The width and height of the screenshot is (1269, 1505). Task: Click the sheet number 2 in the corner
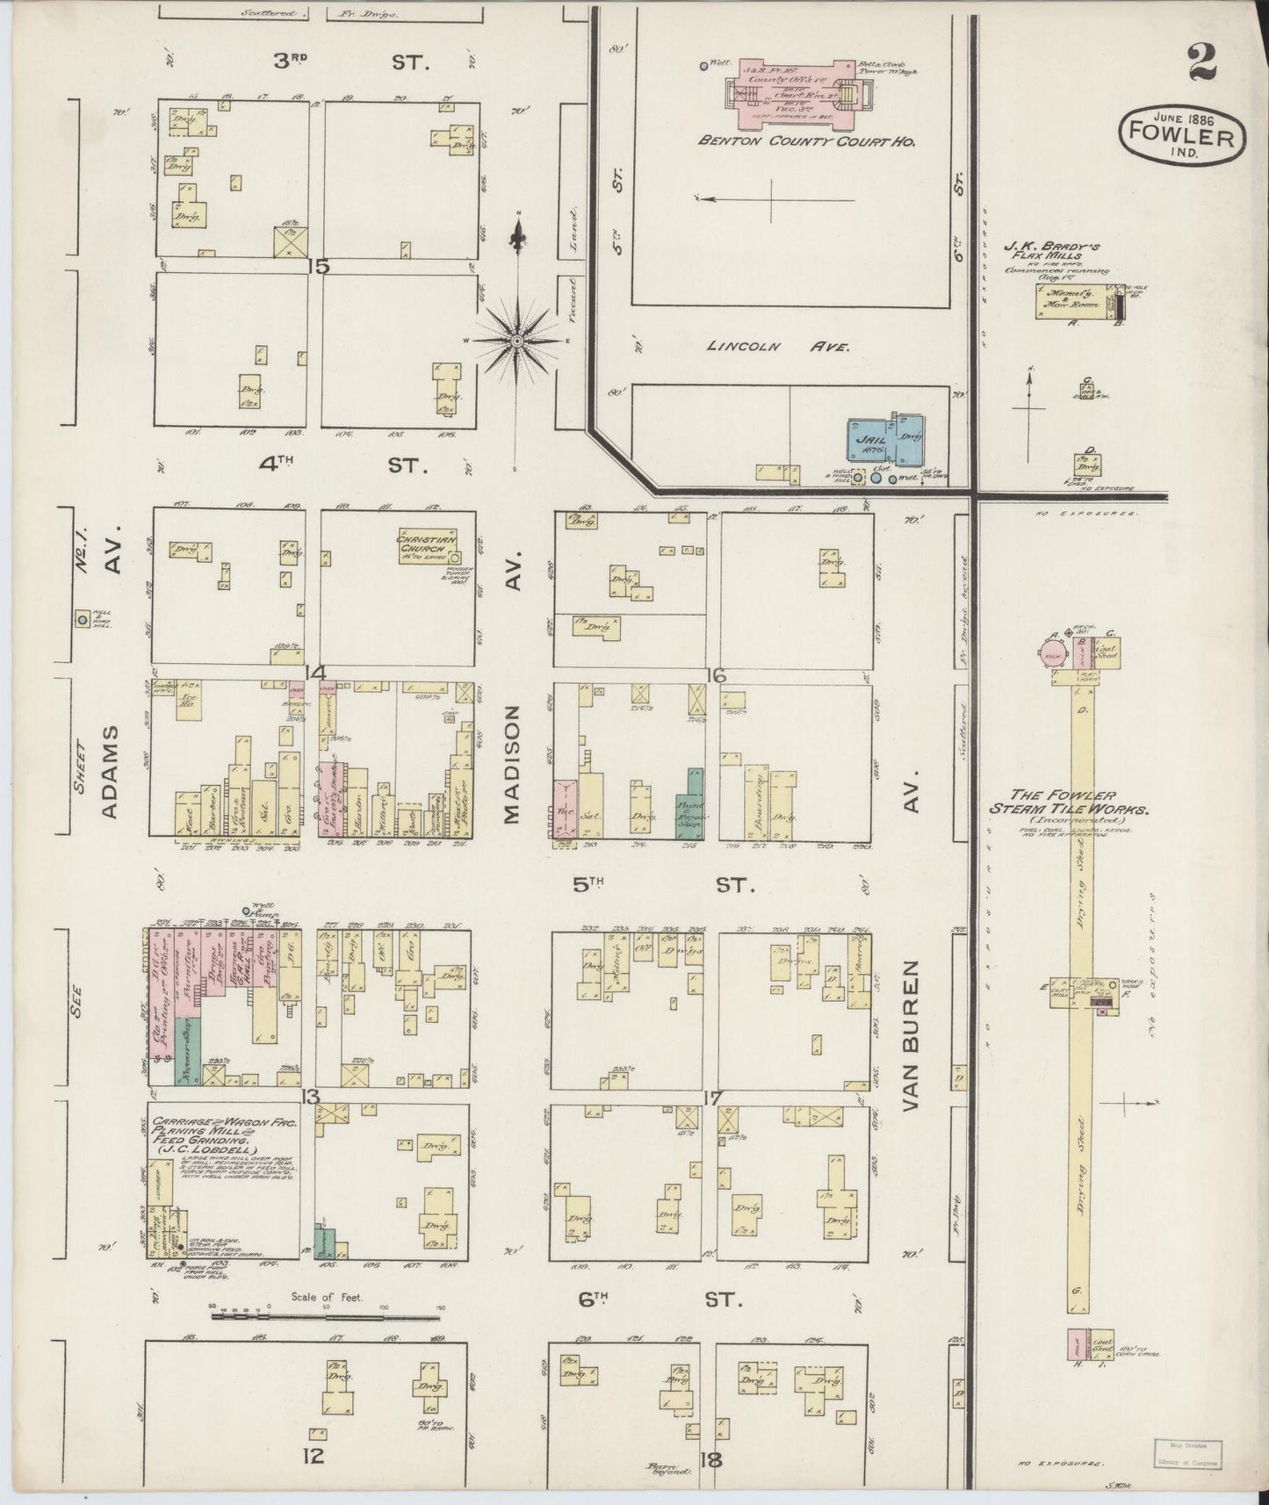pyautogui.click(x=1202, y=62)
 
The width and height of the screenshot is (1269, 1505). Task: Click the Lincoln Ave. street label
pyautogui.click(x=779, y=347)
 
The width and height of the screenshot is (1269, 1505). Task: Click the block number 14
pyautogui.click(x=314, y=673)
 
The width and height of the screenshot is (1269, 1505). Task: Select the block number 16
pyautogui.click(x=715, y=674)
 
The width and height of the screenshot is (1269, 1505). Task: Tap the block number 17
pyautogui.click(x=711, y=1098)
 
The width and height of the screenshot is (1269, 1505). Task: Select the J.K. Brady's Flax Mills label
pyautogui.click(x=1056, y=249)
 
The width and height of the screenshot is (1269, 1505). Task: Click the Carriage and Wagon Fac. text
pyautogui.click(x=225, y=1123)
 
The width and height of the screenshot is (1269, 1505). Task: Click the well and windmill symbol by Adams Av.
pyautogui.click(x=83, y=619)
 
